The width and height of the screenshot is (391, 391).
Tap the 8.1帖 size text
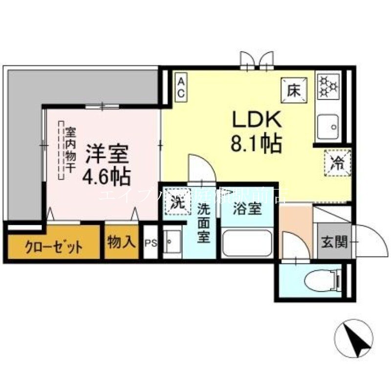pos(255,144)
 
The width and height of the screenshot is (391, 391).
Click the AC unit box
pos(181,86)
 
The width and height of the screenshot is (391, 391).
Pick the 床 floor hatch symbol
pos(294,90)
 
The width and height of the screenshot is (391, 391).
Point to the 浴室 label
pos(246,210)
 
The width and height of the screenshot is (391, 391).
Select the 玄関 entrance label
pos(334,241)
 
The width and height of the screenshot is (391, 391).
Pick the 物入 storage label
pos(121,241)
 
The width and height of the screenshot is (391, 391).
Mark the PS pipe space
pos(151,242)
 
